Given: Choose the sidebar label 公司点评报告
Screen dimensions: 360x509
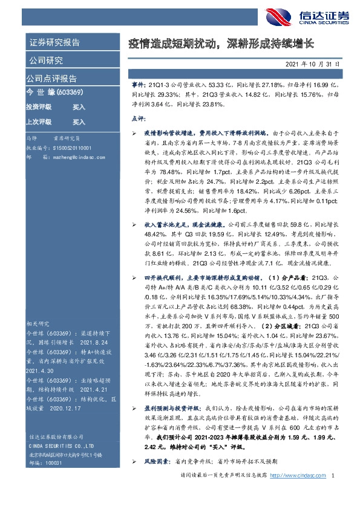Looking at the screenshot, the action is coord(51,79).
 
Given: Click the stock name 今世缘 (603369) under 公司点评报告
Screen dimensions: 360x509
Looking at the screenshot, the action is coord(50,92).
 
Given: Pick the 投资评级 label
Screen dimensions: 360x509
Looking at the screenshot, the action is coord(39,106).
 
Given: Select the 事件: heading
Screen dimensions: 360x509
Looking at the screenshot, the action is coord(139,87).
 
